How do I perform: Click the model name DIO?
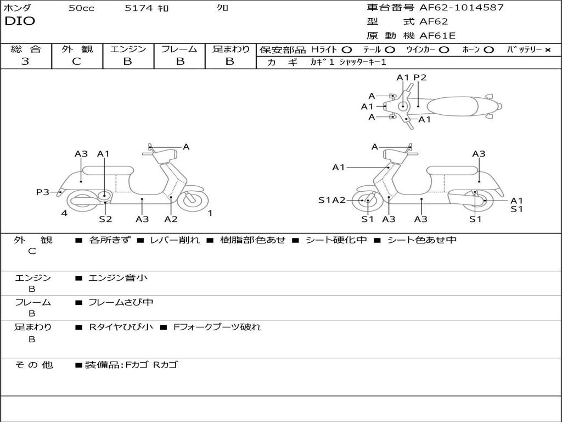[x=20, y=21]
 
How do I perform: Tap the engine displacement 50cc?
[x=81, y=8]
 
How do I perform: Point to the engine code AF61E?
[x=437, y=36]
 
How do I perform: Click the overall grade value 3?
[x=25, y=62]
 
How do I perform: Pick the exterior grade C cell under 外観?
[x=76, y=62]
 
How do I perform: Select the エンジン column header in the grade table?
[x=128, y=49]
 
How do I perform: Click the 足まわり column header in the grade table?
[x=231, y=49]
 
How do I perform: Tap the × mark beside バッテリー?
[x=548, y=49]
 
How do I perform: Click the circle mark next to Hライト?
[x=346, y=49]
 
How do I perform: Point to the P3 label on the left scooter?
[x=43, y=192]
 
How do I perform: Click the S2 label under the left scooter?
[x=105, y=219]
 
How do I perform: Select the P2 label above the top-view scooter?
[x=420, y=77]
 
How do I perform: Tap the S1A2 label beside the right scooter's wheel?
[x=332, y=200]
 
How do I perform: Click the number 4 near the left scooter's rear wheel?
[x=64, y=213]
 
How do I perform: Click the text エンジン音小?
[x=118, y=278]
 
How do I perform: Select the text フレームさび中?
[x=121, y=302]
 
